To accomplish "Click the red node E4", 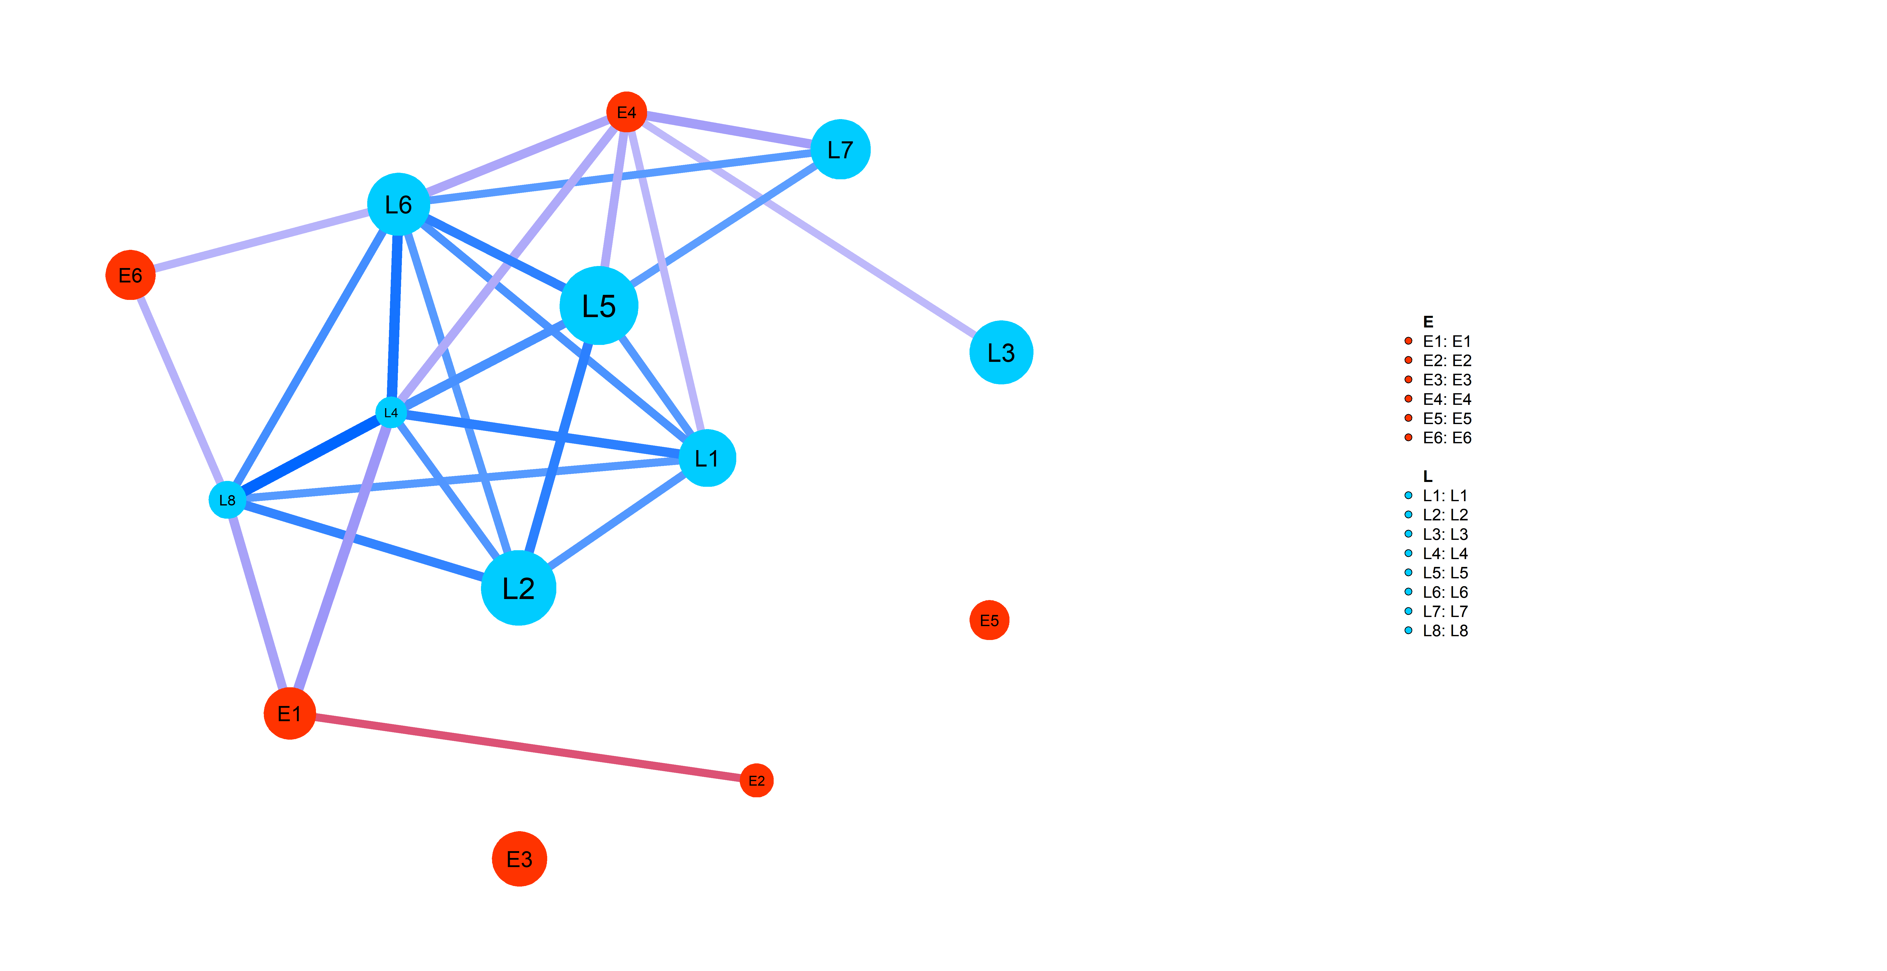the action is pyautogui.click(x=626, y=112).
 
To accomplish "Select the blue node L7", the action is pyautogui.click(x=840, y=149).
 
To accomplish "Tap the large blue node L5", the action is pyautogui.click(x=599, y=306).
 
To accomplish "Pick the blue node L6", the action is pyautogui.click(x=398, y=205).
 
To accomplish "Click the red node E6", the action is pyautogui.click(x=130, y=276).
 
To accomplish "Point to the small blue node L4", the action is pyautogui.click(x=391, y=413).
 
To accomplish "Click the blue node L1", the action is pyautogui.click(x=707, y=458).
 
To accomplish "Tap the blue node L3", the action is pyautogui.click(x=1001, y=352).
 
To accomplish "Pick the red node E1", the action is pyautogui.click(x=289, y=713).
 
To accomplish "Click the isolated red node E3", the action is pyautogui.click(x=519, y=859).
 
